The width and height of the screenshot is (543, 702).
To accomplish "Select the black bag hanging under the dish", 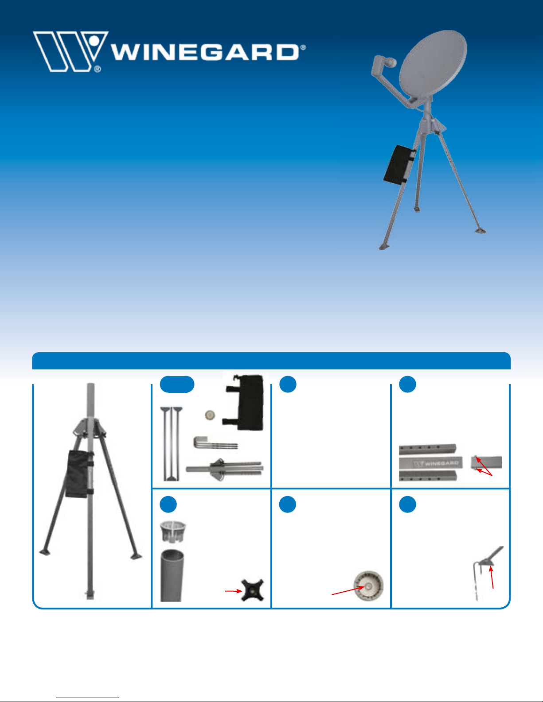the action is coord(399,165).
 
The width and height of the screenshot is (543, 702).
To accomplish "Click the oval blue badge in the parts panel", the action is coord(177,384).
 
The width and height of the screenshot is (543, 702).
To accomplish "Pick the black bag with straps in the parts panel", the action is coord(245,402).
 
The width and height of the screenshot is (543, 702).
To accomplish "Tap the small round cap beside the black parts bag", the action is coord(210,415).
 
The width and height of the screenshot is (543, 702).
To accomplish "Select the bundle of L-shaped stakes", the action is coord(215,443).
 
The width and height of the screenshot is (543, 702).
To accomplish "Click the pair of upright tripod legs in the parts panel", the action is coord(171,444).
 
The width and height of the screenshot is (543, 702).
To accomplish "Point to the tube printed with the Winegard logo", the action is coord(430,463).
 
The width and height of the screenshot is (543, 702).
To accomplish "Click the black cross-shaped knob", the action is coord(253,590).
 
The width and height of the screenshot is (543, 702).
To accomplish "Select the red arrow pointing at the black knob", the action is coord(233,591).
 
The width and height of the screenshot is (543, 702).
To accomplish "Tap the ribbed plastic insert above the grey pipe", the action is coord(173,531).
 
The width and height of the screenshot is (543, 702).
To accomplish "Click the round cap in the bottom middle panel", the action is coord(368,586).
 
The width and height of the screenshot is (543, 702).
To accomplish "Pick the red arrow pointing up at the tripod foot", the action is coord(492,578).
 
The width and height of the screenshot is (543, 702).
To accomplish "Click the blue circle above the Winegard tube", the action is coord(407,384).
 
